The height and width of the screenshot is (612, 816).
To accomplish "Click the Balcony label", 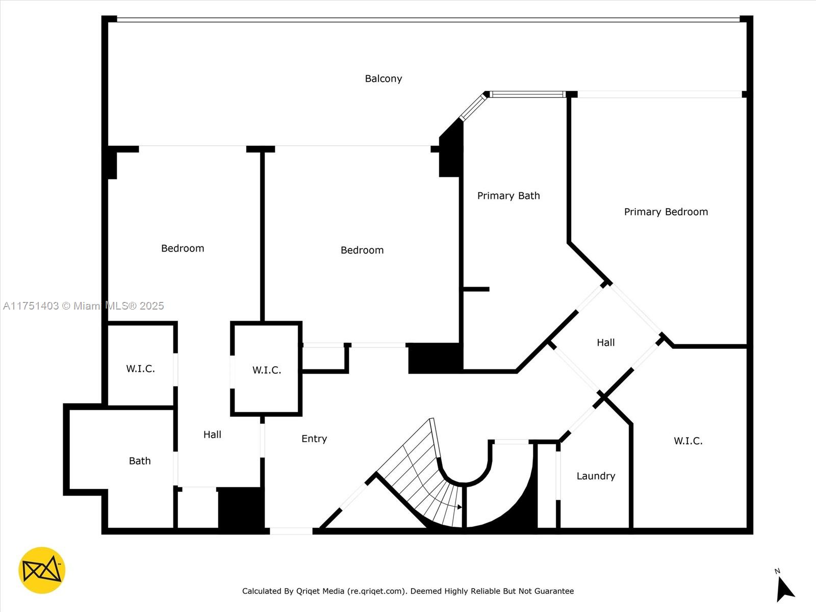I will coord(383,79).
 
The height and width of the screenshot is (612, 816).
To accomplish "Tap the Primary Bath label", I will coord(508,196).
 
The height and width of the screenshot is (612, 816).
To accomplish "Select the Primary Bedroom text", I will coord(666,212).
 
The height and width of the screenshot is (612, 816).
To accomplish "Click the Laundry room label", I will coord(595,476).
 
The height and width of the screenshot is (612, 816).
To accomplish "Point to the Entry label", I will coord(314,439).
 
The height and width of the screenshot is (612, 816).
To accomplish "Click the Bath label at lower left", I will coord(139,461).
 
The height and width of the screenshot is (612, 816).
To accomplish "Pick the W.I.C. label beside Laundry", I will coord(687,441).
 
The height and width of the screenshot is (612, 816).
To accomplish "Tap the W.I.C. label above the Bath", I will coord(140,369).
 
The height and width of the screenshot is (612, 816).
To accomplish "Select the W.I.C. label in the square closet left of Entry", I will coord(266,370).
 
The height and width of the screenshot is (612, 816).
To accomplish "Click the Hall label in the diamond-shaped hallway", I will coord(605,343).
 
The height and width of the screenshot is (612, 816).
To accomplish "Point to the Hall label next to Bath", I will coord(212,435).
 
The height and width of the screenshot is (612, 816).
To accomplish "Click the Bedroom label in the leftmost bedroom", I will coord(182,248).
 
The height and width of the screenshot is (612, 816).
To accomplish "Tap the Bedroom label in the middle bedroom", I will coord(362,250).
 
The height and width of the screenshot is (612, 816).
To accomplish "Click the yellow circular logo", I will coord(42,570).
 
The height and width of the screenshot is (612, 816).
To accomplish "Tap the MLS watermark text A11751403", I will coord(31,306).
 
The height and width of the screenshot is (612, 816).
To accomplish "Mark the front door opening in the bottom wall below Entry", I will coord(291,531).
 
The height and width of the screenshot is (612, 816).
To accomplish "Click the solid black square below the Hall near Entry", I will coord(240,508).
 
